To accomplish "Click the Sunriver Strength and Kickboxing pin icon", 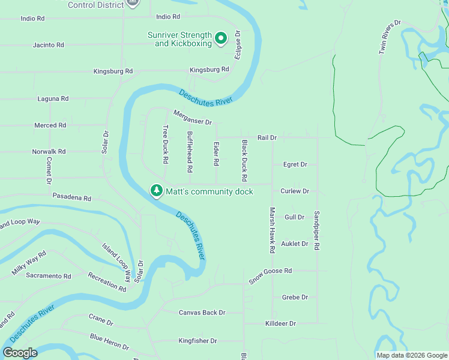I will [220, 39].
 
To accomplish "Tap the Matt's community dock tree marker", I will [156, 191].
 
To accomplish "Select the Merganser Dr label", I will [193, 117].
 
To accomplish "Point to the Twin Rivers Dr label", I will [390, 37].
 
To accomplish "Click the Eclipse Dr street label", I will [238, 45].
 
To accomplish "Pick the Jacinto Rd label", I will [49, 45].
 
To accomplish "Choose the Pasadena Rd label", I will [71, 197].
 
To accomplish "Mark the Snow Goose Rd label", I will [270, 271].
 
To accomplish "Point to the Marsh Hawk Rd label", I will [272, 229].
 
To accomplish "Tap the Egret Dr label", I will [295, 164].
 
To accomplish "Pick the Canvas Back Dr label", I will [202, 313].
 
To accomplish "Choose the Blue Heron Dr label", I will [109, 342].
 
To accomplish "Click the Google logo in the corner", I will [20, 353].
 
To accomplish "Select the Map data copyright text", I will [412, 355].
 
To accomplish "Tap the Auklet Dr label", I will [295, 244].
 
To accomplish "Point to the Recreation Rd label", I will [107, 282].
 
